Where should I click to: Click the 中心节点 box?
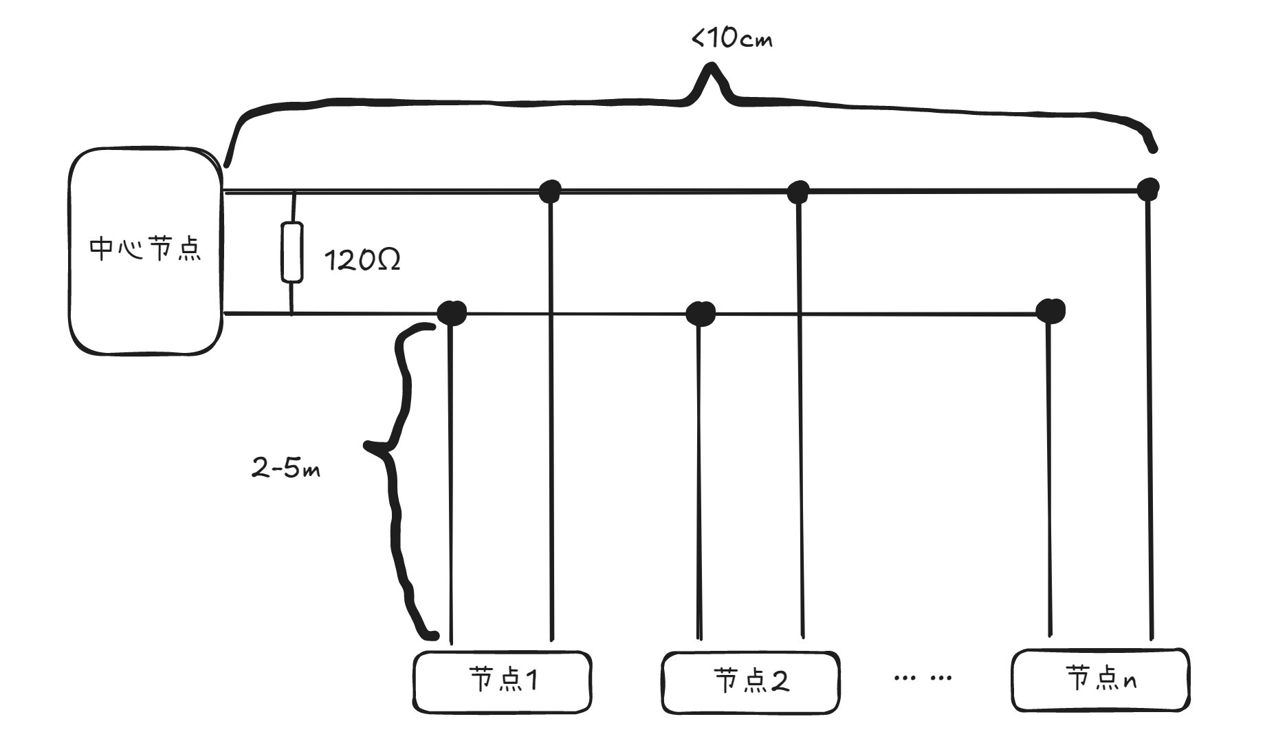point(146,251)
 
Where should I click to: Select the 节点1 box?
point(503,681)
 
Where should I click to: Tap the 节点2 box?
point(750,681)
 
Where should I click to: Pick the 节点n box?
point(1101,680)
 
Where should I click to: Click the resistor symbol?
point(292,253)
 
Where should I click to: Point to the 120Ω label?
point(362,261)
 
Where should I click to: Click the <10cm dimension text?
point(731,38)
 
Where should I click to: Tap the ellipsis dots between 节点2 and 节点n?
point(923,678)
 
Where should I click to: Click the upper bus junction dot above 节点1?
point(549,191)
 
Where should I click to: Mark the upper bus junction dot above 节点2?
point(797,192)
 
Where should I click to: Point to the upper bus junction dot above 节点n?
point(1148,188)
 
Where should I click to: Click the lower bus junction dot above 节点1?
point(452,312)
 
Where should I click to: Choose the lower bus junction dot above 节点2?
point(701,314)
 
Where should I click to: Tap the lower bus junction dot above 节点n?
point(1050,311)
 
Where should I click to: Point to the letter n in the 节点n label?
point(1129,681)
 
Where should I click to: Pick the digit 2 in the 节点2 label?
point(779,681)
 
